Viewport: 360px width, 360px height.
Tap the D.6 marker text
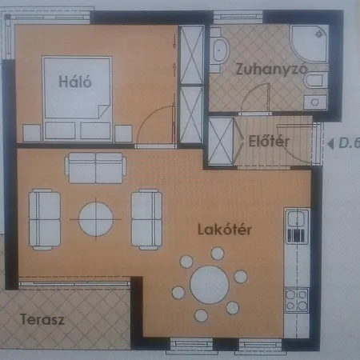point(349,144)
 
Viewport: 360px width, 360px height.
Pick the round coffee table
point(96,218)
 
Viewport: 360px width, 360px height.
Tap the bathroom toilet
point(315,82)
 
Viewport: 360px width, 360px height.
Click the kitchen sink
point(296,220)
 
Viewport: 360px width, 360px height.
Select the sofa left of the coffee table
point(45,218)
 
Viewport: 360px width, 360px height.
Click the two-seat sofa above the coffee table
point(96,168)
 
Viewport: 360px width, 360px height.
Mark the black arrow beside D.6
point(330,145)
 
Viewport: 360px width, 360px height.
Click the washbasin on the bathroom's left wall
point(219,50)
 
